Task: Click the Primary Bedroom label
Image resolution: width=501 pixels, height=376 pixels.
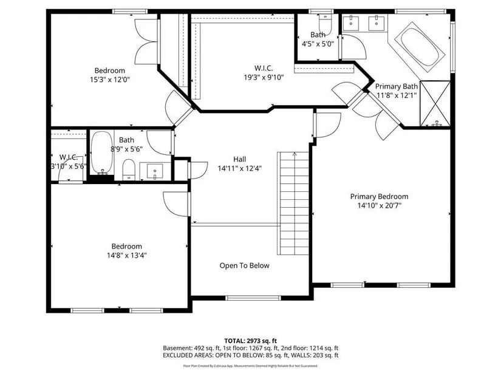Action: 380,197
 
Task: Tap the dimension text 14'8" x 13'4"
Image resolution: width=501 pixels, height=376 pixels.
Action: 127,256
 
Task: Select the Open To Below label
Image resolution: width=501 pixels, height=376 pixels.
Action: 245,265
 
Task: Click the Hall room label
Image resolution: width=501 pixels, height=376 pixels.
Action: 240,159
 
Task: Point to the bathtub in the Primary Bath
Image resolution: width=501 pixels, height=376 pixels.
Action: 420,47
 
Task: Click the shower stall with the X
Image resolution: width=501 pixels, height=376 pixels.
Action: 435,103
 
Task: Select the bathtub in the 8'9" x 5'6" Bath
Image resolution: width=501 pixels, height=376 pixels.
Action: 101,153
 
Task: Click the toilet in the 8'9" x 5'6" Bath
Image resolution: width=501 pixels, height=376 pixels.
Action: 129,169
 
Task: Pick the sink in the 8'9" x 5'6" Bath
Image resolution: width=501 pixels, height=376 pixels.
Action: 155,171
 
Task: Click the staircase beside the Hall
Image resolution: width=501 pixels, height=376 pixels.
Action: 293,203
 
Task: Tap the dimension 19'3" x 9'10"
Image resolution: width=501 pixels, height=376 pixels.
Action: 264,77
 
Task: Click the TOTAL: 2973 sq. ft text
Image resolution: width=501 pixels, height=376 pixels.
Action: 250,341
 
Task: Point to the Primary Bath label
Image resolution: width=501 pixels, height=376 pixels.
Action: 396,87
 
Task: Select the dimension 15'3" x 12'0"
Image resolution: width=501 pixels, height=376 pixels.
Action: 109,80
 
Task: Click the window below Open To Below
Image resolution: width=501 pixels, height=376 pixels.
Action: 253,298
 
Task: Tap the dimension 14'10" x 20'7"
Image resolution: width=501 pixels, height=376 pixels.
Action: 380,205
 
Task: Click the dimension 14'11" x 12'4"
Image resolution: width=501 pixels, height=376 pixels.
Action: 240,168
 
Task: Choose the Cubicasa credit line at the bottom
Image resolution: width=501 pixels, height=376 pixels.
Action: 250,366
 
